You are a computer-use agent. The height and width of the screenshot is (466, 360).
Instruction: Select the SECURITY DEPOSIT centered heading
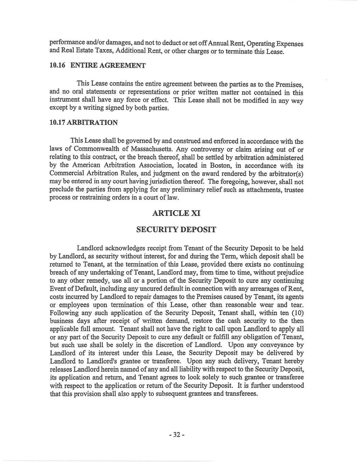coord(176,230)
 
